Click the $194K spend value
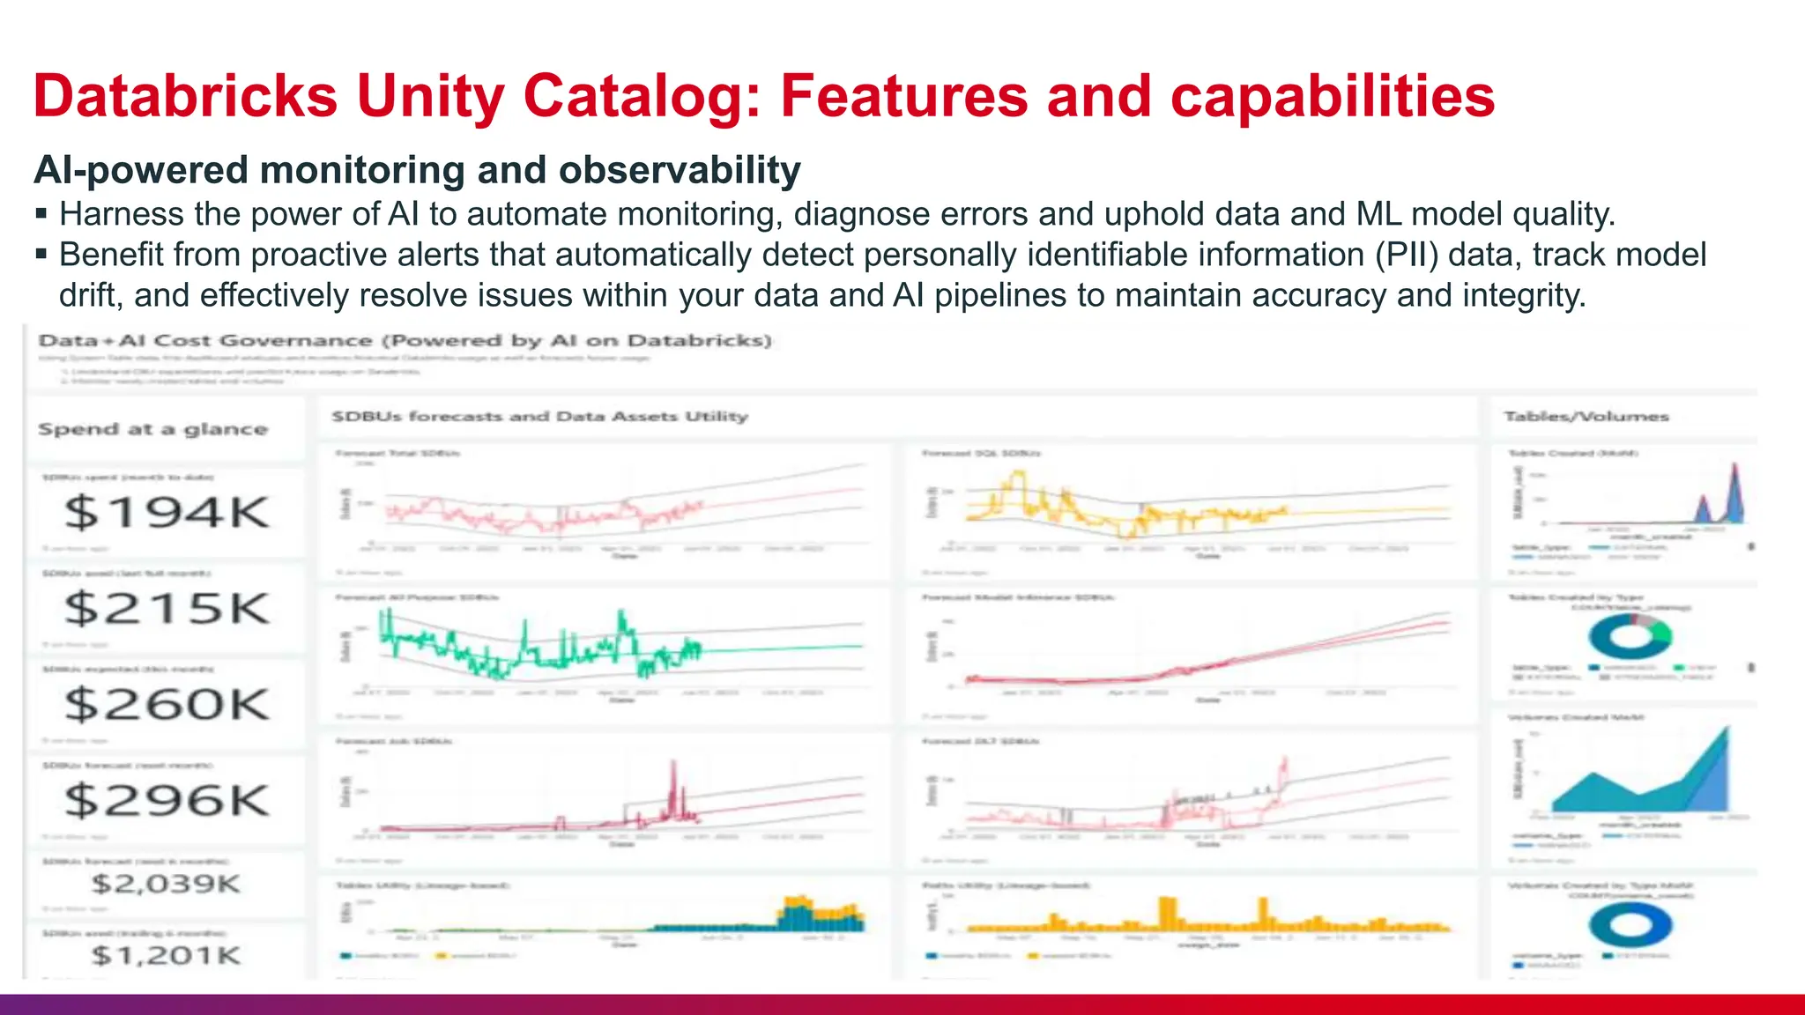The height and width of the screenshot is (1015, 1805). (167, 513)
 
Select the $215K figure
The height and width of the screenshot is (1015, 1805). (167, 609)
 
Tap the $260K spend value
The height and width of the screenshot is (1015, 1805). (167, 705)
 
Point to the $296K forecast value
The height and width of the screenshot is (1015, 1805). (167, 801)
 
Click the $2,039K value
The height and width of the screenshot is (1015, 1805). (166, 884)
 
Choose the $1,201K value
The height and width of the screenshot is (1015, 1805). (166, 955)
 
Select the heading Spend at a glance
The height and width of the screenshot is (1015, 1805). (152, 429)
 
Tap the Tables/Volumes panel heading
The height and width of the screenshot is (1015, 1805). (1586, 416)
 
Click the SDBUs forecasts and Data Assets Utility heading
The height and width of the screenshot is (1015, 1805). (539, 416)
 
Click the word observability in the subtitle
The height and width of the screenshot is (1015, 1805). (680, 170)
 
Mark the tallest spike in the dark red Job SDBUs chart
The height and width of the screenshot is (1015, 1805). (674, 775)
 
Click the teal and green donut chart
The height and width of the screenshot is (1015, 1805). (1630, 636)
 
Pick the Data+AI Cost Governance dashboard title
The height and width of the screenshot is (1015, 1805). (405, 341)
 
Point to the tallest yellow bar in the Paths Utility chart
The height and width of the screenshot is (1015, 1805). (1167, 912)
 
